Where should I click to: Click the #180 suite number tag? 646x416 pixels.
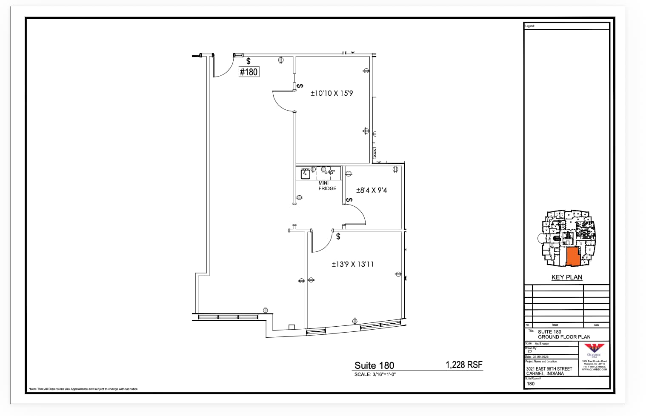tap(249, 72)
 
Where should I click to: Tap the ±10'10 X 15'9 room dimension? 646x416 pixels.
tap(332, 93)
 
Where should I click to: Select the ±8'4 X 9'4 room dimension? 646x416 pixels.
tap(371, 190)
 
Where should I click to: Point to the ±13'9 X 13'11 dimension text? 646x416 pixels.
tap(352, 264)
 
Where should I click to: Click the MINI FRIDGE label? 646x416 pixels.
tap(327, 186)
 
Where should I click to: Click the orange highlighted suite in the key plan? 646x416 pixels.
tap(573, 256)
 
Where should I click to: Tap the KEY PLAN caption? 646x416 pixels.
tap(566, 277)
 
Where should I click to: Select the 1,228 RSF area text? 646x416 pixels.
tap(464, 365)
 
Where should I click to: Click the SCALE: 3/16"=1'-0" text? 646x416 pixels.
tap(375, 374)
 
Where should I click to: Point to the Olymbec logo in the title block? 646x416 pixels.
tap(594, 349)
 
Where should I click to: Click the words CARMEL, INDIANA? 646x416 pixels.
tap(545, 373)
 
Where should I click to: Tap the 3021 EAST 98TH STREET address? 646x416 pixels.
tap(549, 368)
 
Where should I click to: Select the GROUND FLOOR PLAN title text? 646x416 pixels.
tap(564, 337)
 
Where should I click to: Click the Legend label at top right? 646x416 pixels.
tap(530, 26)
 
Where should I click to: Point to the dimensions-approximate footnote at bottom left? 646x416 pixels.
tap(83, 389)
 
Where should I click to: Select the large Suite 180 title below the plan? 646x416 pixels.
tap(374, 365)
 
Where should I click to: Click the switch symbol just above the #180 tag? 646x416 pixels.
tap(249, 62)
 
